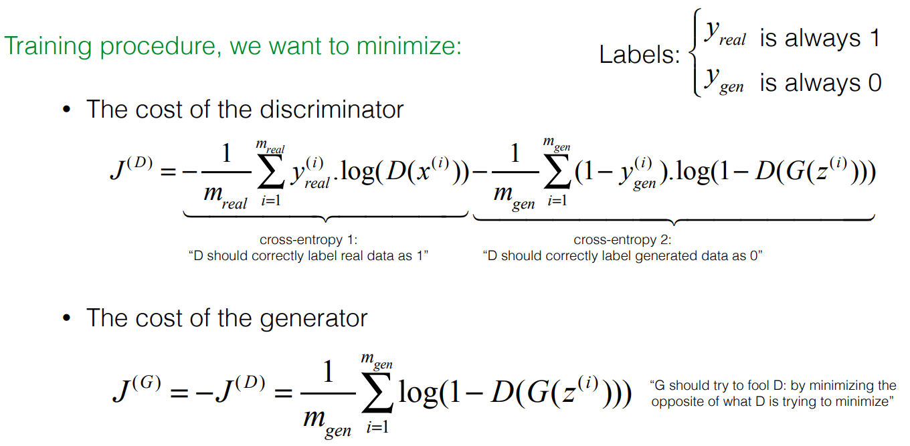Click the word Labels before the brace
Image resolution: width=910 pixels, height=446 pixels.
tap(638, 55)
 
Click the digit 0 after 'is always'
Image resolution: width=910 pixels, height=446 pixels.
tap(873, 83)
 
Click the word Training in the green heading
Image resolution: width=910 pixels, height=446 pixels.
tap(48, 47)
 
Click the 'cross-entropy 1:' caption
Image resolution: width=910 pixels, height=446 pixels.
tap(308, 240)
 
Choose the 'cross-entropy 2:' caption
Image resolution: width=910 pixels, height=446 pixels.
tap(623, 240)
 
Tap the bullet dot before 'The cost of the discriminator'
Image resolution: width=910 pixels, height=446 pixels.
tap(66, 110)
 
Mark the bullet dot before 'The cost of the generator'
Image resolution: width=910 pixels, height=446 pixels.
tap(66, 318)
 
